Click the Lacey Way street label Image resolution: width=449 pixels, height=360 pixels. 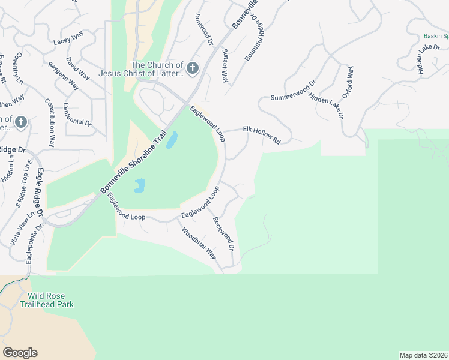(x=68, y=38)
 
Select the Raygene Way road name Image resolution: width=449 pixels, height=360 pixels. (x=64, y=76)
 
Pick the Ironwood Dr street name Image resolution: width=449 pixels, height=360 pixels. (x=203, y=28)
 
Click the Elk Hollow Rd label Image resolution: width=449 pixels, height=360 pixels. (x=261, y=133)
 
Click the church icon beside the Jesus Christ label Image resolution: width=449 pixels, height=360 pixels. (x=192, y=68)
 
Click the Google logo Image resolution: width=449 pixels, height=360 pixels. (x=20, y=353)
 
